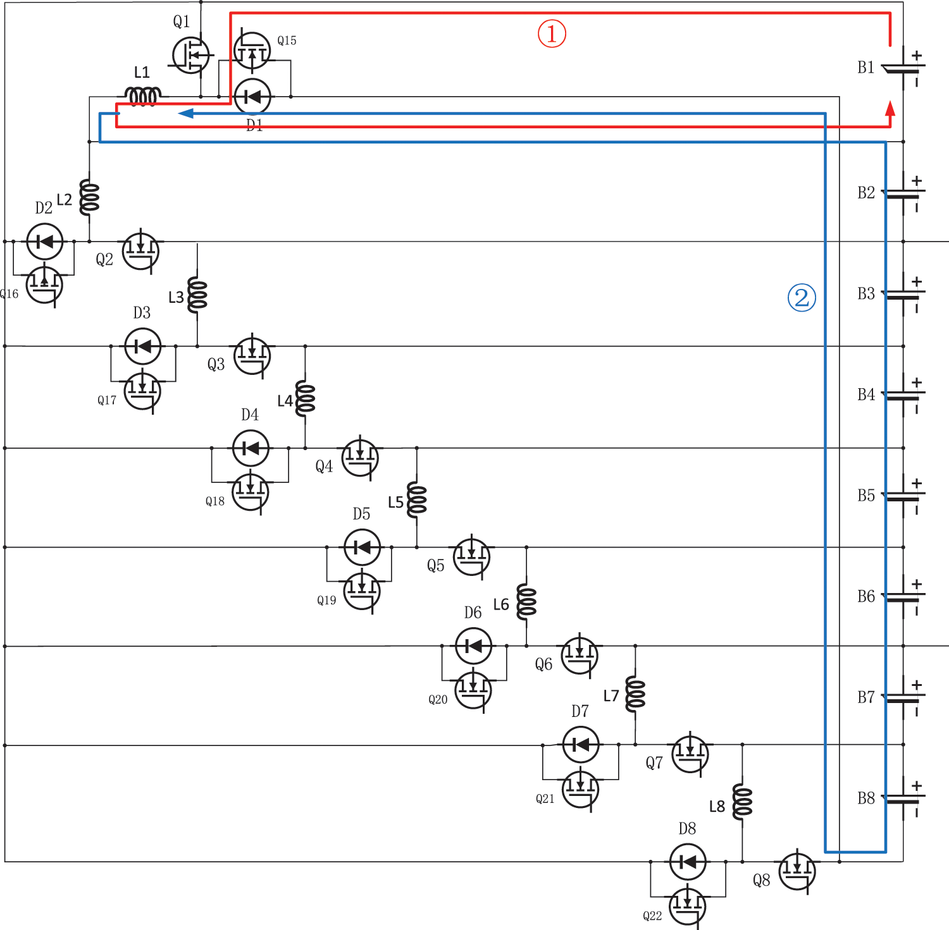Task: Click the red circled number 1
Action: click(552, 33)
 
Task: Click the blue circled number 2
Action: click(802, 297)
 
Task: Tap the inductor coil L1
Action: click(144, 97)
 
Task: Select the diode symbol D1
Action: click(252, 97)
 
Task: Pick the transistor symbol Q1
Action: click(190, 55)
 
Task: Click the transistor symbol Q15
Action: click(252, 51)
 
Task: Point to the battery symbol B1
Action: click(903, 68)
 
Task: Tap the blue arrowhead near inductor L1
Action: click(185, 114)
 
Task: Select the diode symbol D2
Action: click(45, 242)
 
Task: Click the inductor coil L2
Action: click(89, 197)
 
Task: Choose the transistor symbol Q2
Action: click(140, 251)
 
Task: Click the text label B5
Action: click(866, 495)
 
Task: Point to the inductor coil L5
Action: click(416, 500)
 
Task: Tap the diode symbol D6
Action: click(473, 646)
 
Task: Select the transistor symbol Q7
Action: click(690, 754)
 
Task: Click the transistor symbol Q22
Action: click(687, 906)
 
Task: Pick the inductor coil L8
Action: click(742, 802)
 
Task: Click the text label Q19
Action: click(326, 600)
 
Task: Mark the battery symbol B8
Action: click(903, 798)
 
